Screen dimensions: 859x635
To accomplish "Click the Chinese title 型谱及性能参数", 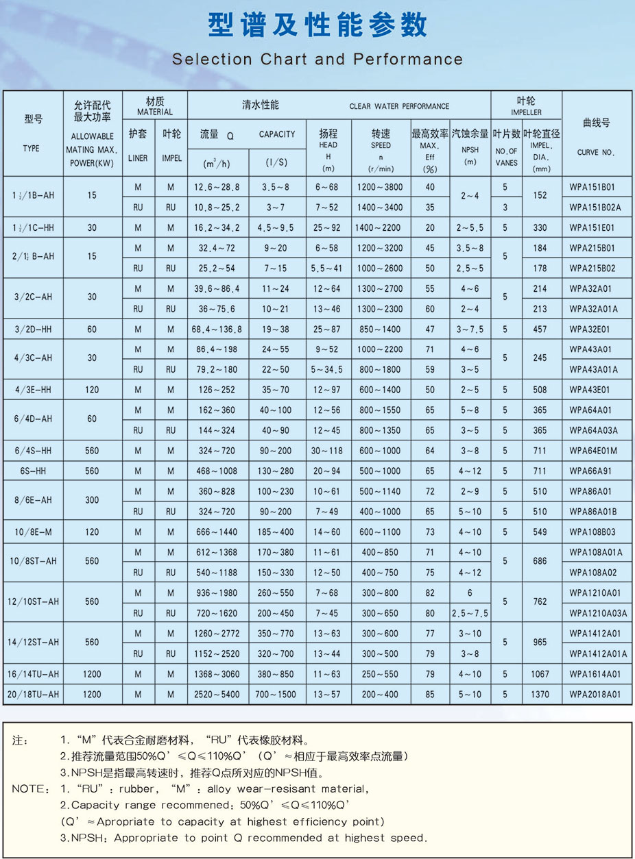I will (317, 25).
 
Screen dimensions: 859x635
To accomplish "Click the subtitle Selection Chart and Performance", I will (317, 60).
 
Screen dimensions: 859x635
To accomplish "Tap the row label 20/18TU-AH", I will (32, 694).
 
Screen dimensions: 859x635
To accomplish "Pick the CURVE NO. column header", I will (596, 152).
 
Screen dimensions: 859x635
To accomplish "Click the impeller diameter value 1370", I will (540, 694).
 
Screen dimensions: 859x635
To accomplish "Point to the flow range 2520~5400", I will (216, 694).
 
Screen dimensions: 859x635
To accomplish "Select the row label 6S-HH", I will (32, 471).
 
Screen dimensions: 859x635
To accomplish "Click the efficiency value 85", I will (429, 694).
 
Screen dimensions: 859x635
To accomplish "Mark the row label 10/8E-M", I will (32, 532).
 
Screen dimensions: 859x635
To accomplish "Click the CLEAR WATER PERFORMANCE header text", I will (399, 106).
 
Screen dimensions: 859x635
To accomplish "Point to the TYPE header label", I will (31, 148).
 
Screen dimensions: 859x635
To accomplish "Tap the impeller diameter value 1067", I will (540, 674).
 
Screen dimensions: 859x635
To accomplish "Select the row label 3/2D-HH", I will (32, 329).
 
